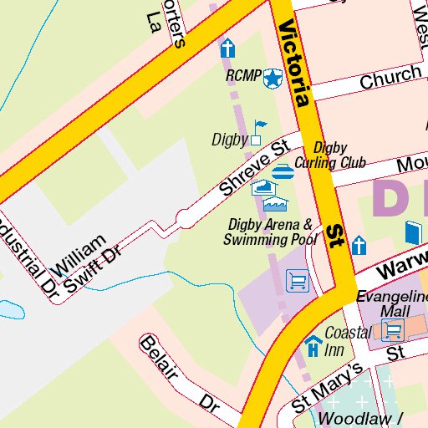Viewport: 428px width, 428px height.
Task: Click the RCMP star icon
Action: point(272,79)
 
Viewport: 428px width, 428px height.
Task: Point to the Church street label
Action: point(390,78)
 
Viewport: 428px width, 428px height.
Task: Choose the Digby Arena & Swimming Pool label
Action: point(271,232)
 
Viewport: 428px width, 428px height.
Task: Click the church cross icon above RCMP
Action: point(227,48)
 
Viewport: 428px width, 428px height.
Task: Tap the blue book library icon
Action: point(414,232)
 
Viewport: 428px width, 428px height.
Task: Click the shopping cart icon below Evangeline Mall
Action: point(393,330)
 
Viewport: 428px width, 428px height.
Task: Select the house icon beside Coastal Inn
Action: point(313,343)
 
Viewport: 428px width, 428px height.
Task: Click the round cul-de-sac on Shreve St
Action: point(184,219)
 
